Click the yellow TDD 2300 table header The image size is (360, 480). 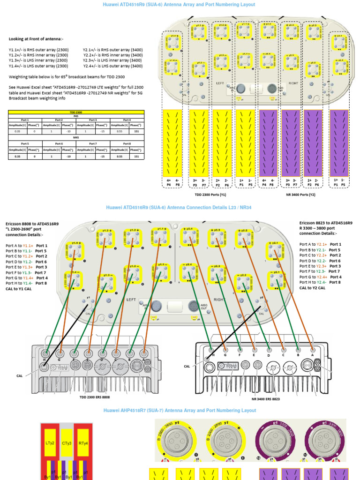(x=76, y=112)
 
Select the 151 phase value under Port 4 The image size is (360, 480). (x=136, y=132)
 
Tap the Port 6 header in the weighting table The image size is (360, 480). (x=59, y=143)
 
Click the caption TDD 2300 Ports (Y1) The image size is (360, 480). (x=210, y=194)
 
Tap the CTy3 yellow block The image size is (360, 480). (x=67, y=442)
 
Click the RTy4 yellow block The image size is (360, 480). (x=83, y=442)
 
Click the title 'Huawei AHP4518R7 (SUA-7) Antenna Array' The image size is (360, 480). (x=180, y=411)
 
